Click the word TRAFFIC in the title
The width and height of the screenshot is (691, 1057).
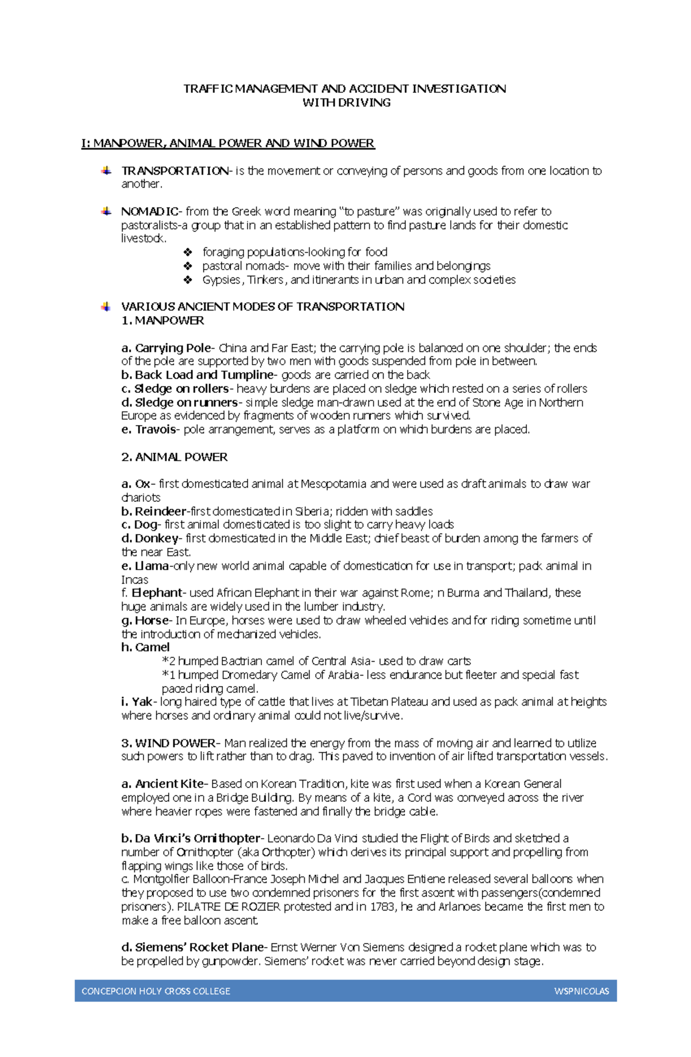[x=208, y=89]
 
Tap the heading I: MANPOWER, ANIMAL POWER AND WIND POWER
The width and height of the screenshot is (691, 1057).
[x=228, y=143]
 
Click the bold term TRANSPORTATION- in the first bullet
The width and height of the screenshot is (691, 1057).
[x=175, y=171]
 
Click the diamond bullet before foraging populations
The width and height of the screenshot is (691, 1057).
[x=188, y=252]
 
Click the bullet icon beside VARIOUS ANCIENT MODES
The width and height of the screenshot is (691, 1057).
[x=106, y=306]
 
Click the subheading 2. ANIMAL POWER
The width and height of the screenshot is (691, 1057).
[x=174, y=457]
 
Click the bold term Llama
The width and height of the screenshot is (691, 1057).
[x=151, y=566]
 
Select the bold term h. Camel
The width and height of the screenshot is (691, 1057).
[x=145, y=647]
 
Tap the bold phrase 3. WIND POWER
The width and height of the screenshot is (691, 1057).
[x=168, y=743]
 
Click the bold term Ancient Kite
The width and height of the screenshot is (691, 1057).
[x=169, y=784]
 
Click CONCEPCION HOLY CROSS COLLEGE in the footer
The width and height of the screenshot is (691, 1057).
[x=155, y=991]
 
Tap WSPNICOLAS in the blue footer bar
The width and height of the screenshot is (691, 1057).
[x=582, y=991]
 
